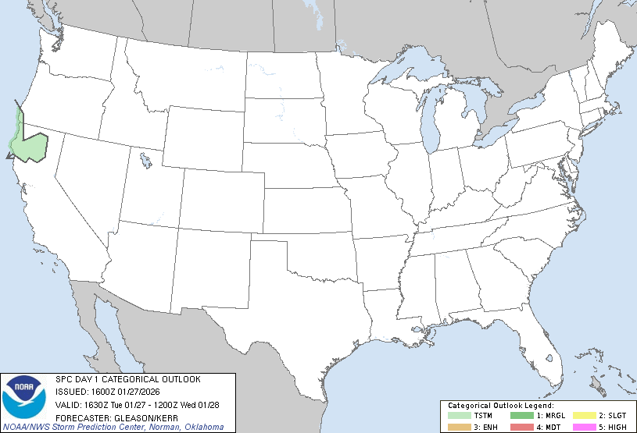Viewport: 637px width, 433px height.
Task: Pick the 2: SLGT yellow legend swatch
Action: (584, 416)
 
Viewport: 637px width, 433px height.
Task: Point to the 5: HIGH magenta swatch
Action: (584, 426)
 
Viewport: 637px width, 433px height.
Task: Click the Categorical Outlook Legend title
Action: (500, 406)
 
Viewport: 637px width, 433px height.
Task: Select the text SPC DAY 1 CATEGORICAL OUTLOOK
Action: (128, 379)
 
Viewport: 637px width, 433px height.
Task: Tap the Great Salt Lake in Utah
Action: (146, 162)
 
